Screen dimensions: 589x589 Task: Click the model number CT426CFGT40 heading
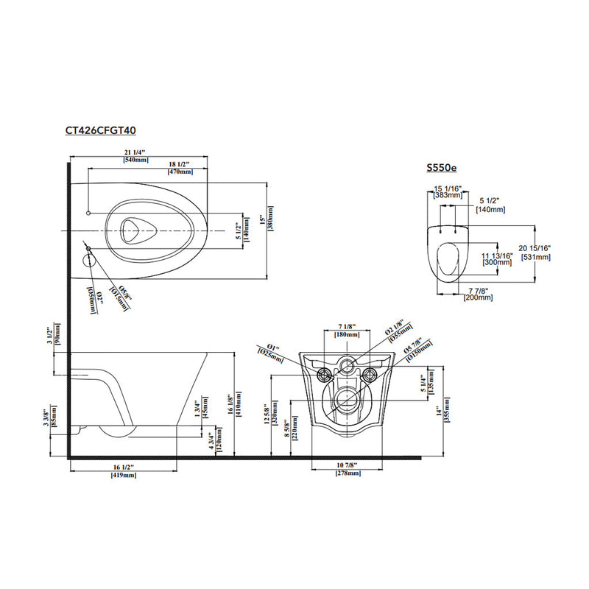[100, 130]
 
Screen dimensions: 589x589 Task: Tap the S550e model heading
[441, 168]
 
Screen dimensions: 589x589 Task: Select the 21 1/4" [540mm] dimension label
[135, 155]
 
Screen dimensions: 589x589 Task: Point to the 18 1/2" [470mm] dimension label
[180, 167]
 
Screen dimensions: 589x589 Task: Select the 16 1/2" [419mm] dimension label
[124, 472]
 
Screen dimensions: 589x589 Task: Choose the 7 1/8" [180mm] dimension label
[347, 330]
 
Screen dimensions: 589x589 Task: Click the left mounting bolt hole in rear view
[322, 375]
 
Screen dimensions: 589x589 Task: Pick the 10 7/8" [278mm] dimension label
[348, 470]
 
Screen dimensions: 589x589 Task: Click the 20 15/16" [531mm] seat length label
[537, 252]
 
